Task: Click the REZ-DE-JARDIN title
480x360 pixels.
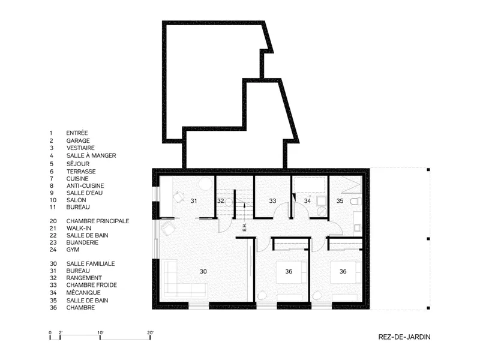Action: pyautogui.click(x=404, y=337)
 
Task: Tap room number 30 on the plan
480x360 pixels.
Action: pyautogui.click(x=203, y=271)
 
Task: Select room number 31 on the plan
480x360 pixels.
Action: pyautogui.click(x=194, y=201)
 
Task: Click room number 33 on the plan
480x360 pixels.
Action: pyautogui.click(x=272, y=201)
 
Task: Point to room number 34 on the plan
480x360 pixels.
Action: pyautogui.click(x=307, y=201)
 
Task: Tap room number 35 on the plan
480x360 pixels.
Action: pyautogui.click(x=340, y=201)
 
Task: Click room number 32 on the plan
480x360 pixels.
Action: pyautogui.click(x=220, y=201)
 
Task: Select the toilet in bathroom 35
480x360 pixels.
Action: pyautogui.click(x=356, y=202)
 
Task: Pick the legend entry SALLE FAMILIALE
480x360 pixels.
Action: pyautogui.click(x=91, y=263)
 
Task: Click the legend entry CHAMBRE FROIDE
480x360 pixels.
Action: pyautogui.click(x=92, y=285)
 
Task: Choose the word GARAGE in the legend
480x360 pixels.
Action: pyautogui.click(x=78, y=141)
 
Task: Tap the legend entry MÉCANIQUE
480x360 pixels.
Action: pyautogui.click(x=83, y=293)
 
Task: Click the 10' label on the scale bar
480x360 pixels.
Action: pyautogui.click(x=100, y=333)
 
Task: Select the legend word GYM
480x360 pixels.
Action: pyautogui.click(x=73, y=250)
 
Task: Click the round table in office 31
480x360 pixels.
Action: pyautogui.click(x=205, y=185)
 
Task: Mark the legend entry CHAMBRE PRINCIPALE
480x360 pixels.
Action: pyautogui.click(x=98, y=221)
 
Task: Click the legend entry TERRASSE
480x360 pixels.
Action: pyautogui.click(x=81, y=172)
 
